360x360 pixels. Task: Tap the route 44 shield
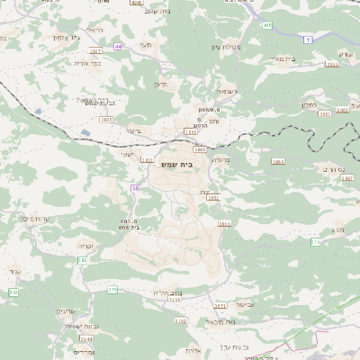pyautogui.click(x=118, y=45)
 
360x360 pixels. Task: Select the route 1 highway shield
pyautogui.click(x=307, y=39)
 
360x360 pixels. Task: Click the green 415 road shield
pyautogui.click(x=267, y=25)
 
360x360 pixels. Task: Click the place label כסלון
pyautogui.click(x=328, y=104)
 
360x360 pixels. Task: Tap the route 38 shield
pyautogui.click(x=135, y=188)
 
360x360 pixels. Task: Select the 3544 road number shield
pyautogui.click(x=86, y=338)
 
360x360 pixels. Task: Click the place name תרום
pyautogui.click(x=161, y=84)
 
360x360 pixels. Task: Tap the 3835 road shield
pyautogui.click(x=107, y=119)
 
